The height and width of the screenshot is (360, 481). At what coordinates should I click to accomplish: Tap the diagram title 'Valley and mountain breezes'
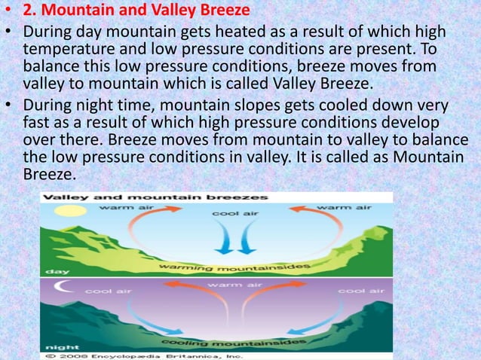point(155,197)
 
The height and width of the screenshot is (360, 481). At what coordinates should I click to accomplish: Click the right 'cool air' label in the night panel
point(356,290)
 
